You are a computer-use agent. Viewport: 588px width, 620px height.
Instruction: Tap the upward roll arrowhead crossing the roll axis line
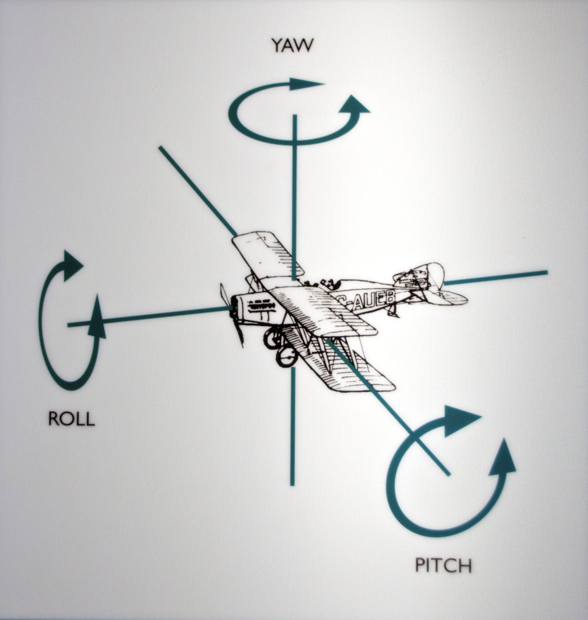coord(97,320)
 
